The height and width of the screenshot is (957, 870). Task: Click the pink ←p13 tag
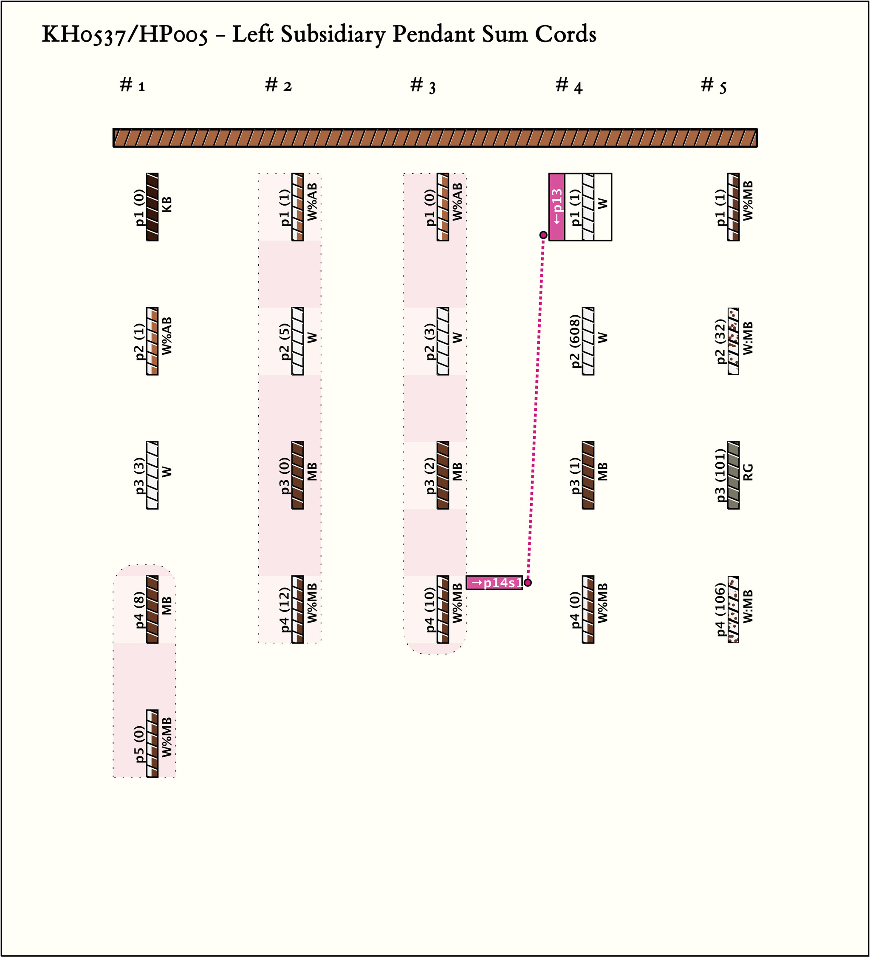click(557, 207)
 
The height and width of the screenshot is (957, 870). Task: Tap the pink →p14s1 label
click(494, 583)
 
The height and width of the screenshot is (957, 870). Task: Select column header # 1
click(133, 85)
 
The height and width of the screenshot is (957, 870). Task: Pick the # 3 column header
click(423, 86)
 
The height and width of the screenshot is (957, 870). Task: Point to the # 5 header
click(713, 86)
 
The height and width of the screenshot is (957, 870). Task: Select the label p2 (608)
click(575, 341)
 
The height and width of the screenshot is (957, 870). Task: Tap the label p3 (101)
click(720, 475)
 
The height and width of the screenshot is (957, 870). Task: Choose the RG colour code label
click(748, 472)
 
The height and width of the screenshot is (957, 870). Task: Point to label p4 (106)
click(720, 609)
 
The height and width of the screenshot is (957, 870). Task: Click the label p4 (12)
click(284, 609)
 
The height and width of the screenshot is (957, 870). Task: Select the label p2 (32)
click(720, 342)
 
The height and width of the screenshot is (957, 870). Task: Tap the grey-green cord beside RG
click(733, 475)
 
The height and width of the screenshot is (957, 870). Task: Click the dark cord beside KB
click(153, 207)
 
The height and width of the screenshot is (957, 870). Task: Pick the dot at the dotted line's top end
click(543, 235)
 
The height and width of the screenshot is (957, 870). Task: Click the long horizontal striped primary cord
click(435, 138)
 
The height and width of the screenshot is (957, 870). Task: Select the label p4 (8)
click(139, 609)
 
